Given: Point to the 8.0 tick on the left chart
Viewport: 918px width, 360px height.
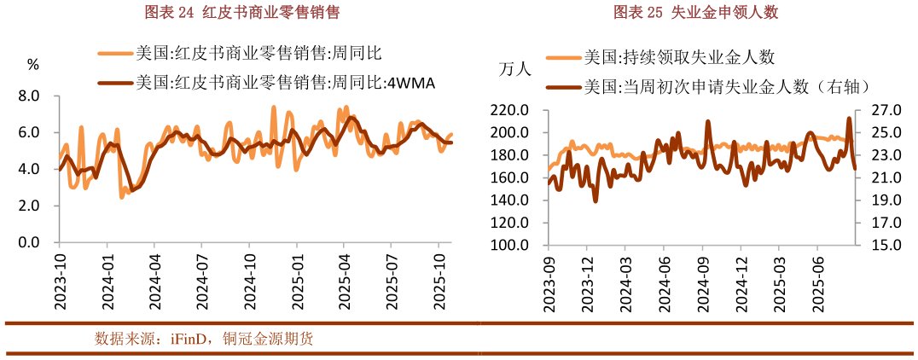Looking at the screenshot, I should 29,96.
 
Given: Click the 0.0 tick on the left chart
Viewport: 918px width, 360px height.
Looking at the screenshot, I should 29,243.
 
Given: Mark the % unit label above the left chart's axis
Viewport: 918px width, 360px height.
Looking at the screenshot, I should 33,65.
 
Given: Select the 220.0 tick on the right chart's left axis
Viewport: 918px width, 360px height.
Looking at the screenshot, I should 510,110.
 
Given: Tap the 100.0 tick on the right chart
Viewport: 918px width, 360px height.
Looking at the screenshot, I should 510,245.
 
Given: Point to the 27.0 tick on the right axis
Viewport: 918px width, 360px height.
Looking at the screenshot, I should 883,110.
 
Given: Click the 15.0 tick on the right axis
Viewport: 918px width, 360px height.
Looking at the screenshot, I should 883,245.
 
